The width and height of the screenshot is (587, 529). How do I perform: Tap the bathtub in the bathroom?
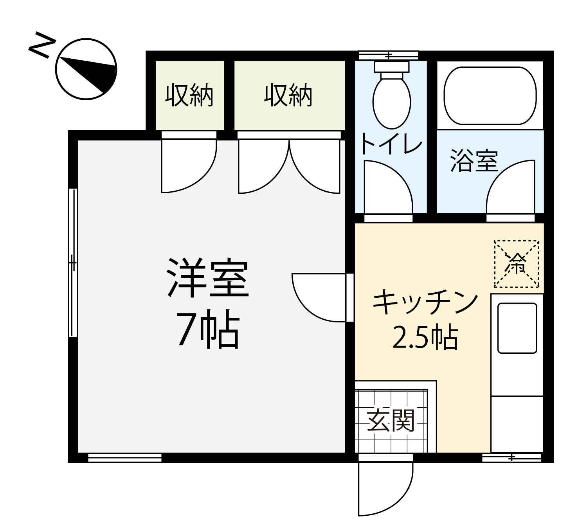(x=490, y=96)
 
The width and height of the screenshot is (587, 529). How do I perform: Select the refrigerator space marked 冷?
(x=517, y=264)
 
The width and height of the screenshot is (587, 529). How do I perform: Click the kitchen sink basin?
(x=517, y=328)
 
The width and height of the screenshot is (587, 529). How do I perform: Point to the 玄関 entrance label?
(x=391, y=421)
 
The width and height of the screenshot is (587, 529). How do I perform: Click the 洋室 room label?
(x=207, y=277)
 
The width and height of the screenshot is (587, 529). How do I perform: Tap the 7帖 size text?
(x=208, y=329)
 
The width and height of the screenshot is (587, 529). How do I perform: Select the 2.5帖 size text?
(x=425, y=337)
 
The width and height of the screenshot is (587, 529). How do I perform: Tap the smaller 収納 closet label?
(x=189, y=95)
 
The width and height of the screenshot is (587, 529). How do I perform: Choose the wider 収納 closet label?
(x=288, y=95)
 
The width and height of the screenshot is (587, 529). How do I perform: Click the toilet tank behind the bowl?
(x=391, y=67)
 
